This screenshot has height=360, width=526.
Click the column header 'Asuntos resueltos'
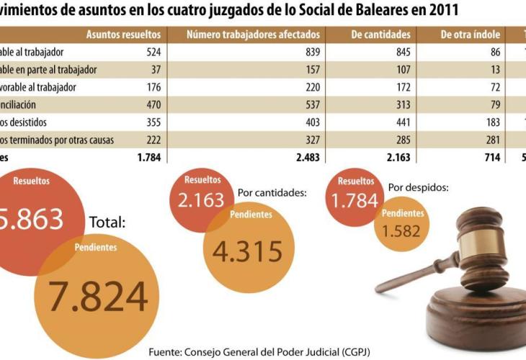click(127, 35)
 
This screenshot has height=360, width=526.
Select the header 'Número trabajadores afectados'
click(254, 35)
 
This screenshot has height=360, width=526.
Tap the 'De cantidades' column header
click(381, 35)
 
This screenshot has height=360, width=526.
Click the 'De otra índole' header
click(472, 35)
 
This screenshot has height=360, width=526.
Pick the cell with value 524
click(153, 52)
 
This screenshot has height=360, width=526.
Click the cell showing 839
click(310, 52)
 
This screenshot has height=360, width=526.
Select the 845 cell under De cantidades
click(401, 52)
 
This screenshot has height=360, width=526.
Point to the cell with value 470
click(153, 104)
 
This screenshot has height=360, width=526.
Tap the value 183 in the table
click(493, 121)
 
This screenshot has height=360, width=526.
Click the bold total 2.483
click(306, 156)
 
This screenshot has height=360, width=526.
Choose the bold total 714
click(493, 156)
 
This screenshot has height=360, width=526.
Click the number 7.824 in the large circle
click(97, 295)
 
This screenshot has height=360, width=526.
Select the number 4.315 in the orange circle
click(246, 251)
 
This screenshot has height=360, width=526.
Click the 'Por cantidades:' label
click(272, 193)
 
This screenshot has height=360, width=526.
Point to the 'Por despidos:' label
click(419, 187)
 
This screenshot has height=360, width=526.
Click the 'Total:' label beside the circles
click(107, 222)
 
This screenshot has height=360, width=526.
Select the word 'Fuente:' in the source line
click(169, 352)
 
